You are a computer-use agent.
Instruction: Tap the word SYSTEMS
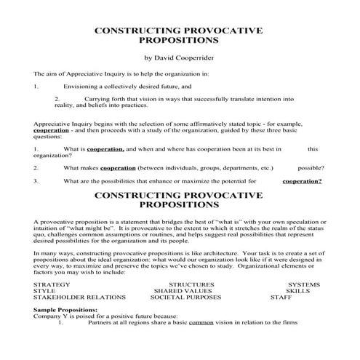click(x=303, y=284)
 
